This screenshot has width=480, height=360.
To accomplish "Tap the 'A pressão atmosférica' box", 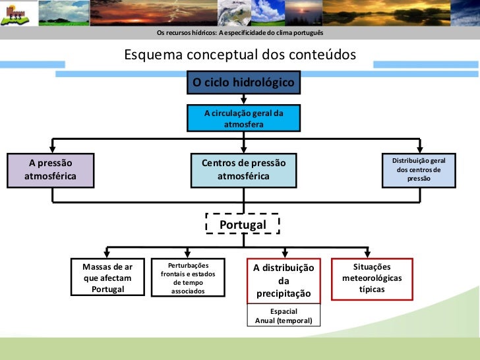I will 50,169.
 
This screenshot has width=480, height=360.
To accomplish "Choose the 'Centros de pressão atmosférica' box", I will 243,169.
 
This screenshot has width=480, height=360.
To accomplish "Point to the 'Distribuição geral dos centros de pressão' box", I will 419,169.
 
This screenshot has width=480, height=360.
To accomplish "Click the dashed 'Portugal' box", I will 243,225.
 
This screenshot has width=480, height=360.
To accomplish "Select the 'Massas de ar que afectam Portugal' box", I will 107,278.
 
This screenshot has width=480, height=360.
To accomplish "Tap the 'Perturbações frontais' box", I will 187,278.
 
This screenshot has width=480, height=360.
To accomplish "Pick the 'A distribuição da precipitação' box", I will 284,280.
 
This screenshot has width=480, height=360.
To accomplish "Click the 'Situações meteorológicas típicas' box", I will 372,278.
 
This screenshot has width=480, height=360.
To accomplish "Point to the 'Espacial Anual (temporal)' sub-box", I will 284,316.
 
